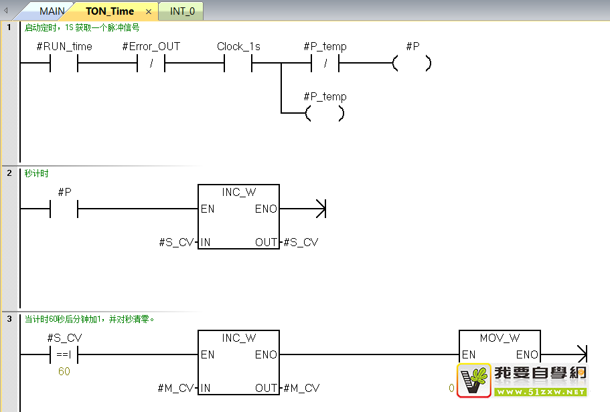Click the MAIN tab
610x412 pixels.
(x=52, y=11)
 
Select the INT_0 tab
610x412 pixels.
(x=182, y=11)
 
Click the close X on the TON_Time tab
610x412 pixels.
(x=149, y=11)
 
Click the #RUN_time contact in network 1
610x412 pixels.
(x=64, y=64)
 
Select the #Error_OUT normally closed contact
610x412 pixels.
(x=151, y=64)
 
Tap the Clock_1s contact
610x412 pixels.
(x=238, y=64)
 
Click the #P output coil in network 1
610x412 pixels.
(x=412, y=64)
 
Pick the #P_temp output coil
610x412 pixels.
(x=325, y=114)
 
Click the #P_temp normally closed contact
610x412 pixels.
(x=325, y=64)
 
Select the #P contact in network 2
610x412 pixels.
(x=64, y=209)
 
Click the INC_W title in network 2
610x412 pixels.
(x=238, y=192)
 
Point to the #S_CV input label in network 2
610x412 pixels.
(x=176, y=242)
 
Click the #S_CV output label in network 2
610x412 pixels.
(x=301, y=242)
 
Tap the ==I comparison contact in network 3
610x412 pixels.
(x=64, y=355)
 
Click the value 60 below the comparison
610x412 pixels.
(x=64, y=371)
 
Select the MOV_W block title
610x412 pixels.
(x=500, y=338)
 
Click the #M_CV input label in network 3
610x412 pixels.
(x=175, y=388)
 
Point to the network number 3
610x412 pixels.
(x=9, y=319)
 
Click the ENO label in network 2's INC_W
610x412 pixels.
(x=266, y=209)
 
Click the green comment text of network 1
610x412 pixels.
(x=82, y=28)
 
